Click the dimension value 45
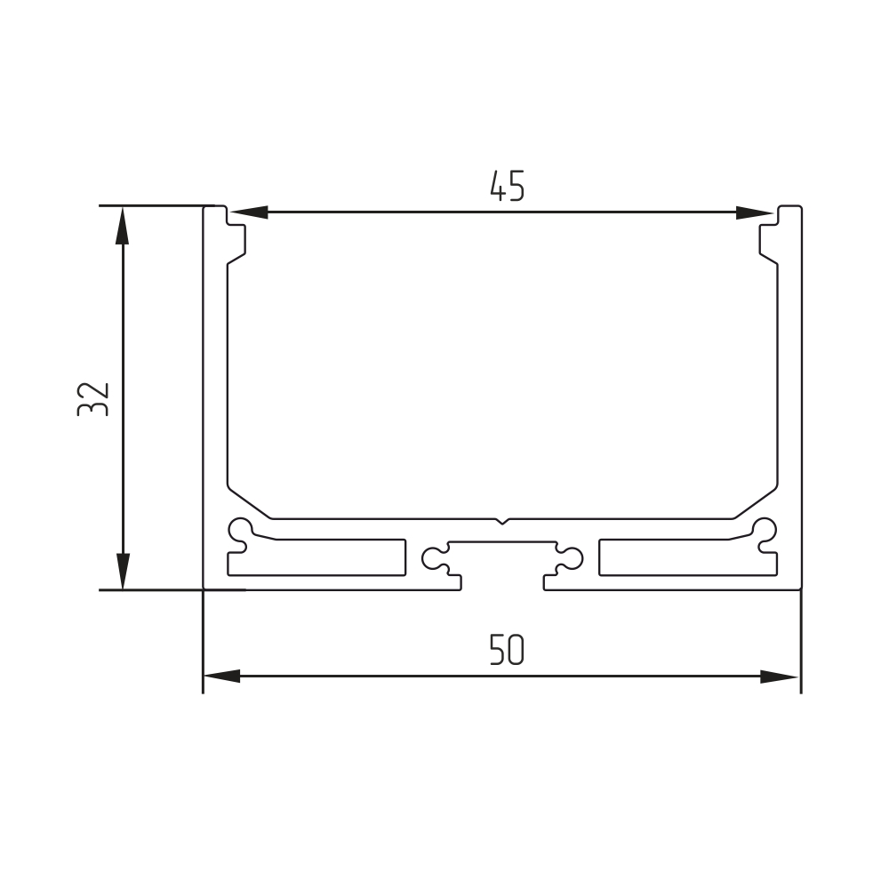click(x=508, y=186)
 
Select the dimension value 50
click(x=507, y=650)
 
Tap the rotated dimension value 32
click(x=93, y=400)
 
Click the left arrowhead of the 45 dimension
click(x=249, y=212)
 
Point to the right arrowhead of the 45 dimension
click(x=754, y=212)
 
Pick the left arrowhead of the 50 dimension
click(x=221, y=676)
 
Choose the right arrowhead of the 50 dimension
click(x=779, y=676)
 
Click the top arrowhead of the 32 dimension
click(x=123, y=225)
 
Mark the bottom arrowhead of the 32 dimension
click(x=123, y=572)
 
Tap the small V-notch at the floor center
click(x=501, y=521)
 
